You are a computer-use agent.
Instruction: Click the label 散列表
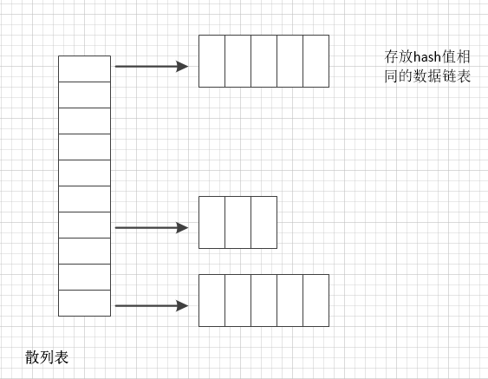47,356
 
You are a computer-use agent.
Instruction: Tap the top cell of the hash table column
84,69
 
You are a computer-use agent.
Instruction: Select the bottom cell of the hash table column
84,303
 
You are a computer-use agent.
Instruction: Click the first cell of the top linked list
211,61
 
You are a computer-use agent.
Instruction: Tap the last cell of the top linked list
316,61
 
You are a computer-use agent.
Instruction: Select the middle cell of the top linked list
264,61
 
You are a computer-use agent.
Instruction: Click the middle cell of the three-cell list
237,223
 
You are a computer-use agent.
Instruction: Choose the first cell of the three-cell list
211,223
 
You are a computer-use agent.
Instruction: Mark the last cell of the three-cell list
264,223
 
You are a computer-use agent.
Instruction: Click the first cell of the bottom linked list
211,300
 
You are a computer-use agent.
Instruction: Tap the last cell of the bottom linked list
316,300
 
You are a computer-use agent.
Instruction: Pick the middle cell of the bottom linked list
264,300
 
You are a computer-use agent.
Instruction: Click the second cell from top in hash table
84,95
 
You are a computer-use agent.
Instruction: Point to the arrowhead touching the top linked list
183,66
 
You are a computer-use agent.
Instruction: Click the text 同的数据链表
427,76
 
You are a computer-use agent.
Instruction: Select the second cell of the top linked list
237,61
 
